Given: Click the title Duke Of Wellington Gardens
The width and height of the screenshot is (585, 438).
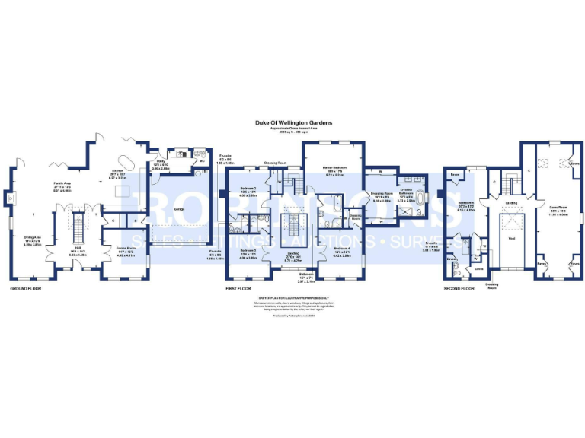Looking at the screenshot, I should tap(293, 122).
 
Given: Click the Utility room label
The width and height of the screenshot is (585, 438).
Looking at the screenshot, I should tap(161, 161).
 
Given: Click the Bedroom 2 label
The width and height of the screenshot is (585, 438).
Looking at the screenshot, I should tap(248, 187).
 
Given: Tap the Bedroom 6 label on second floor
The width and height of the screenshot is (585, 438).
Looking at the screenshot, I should tap(467, 203).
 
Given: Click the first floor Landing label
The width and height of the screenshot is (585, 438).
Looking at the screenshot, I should tap(293, 255).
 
